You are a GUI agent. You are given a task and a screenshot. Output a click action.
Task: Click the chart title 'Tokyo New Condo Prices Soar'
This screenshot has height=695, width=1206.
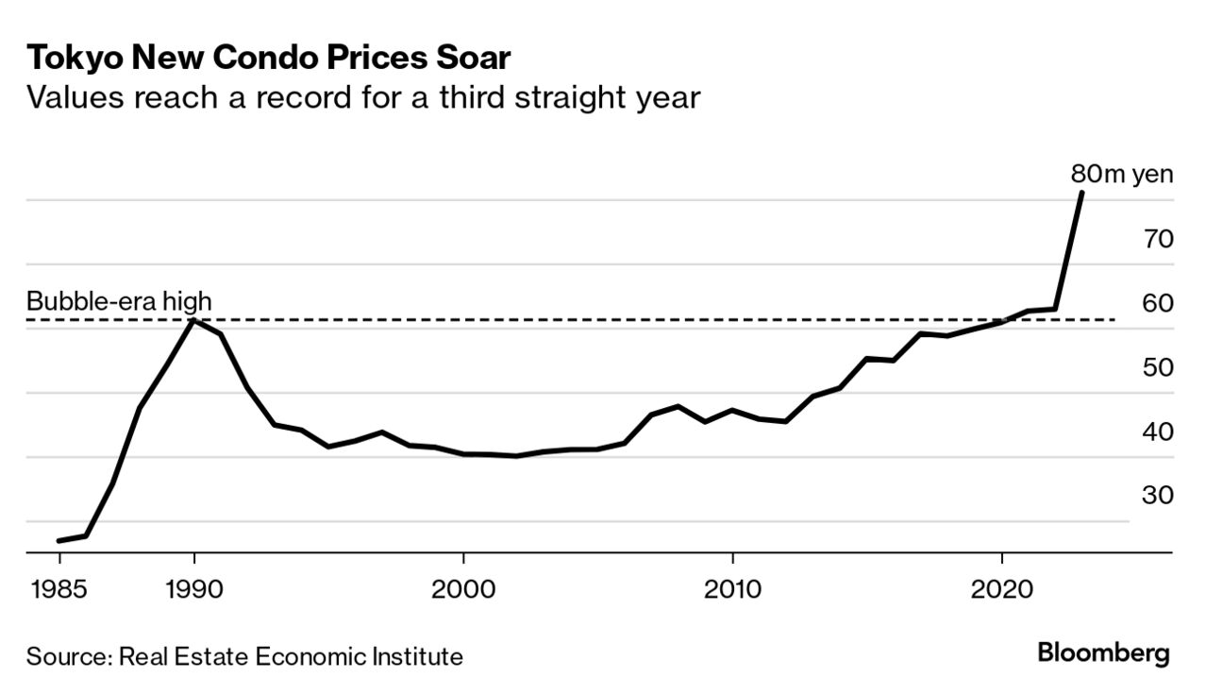click(269, 58)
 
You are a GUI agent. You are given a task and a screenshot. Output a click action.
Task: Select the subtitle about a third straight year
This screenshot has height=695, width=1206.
click(363, 97)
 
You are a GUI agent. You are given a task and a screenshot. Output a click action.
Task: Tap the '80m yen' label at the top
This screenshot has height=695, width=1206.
click(1122, 175)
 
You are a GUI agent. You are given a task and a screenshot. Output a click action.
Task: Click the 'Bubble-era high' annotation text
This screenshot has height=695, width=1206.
click(119, 302)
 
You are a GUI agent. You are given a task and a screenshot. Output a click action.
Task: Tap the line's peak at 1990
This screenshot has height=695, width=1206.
click(194, 321)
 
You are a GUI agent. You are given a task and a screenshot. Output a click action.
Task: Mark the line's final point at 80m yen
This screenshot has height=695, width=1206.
click(1081, 193)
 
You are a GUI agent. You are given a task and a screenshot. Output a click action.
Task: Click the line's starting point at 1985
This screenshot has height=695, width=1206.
click(59, 541)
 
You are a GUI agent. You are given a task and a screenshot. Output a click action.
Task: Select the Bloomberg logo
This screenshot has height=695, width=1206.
click(1103, 653)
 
